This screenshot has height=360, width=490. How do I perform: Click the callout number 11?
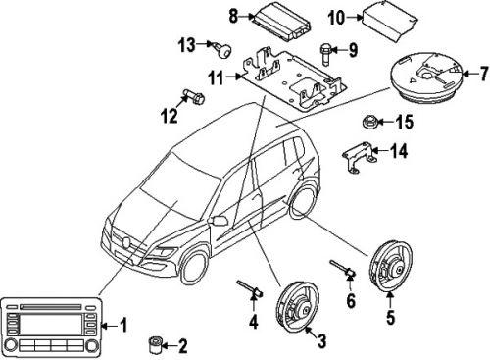(x=191, y=98)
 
